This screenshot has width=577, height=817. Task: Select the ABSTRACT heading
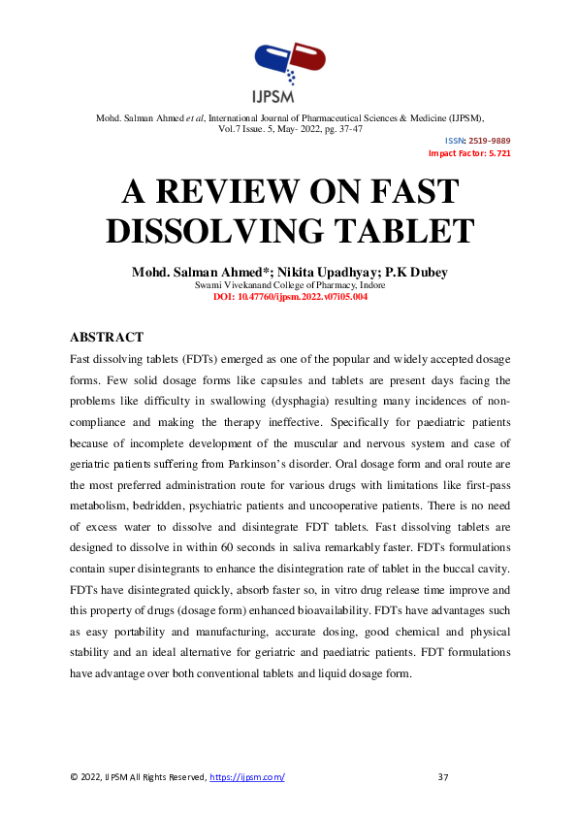pos(107,338)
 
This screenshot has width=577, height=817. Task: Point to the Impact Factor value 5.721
pos(497,153)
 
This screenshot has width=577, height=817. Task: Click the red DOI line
pos(289,297)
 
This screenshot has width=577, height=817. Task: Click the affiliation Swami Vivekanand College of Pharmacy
pos(289,285)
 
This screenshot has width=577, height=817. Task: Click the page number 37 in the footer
pos(444,777)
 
